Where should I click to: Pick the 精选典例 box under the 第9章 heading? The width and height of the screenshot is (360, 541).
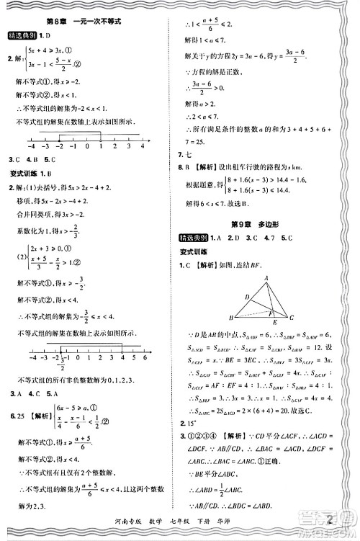coord(194,238)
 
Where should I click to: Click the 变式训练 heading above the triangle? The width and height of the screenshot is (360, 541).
coord(193,252)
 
